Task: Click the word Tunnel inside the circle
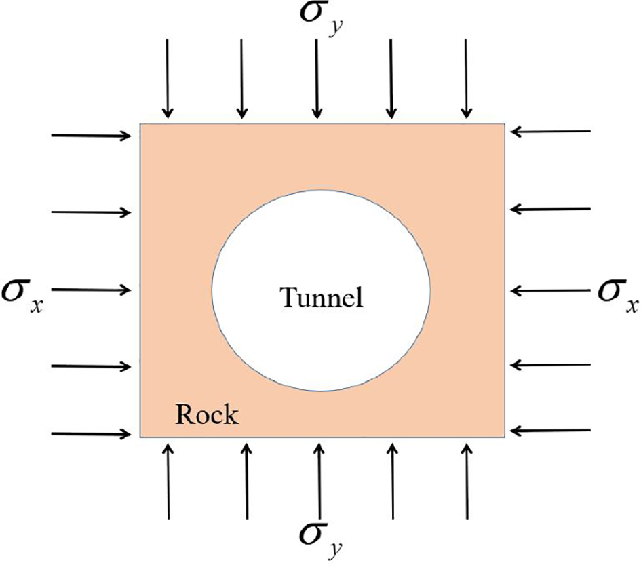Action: pos(322,297)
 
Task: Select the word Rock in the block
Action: pos(208,414)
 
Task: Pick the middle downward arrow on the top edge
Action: pos(317,78)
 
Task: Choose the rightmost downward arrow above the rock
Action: pos(466,78)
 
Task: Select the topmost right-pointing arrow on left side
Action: pos(92,136)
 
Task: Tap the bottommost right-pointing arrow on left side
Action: pos(92,433)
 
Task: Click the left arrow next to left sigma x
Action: pos(92,290)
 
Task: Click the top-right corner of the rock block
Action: pos(504,124)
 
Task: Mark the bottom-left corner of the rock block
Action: pos(140,437)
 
